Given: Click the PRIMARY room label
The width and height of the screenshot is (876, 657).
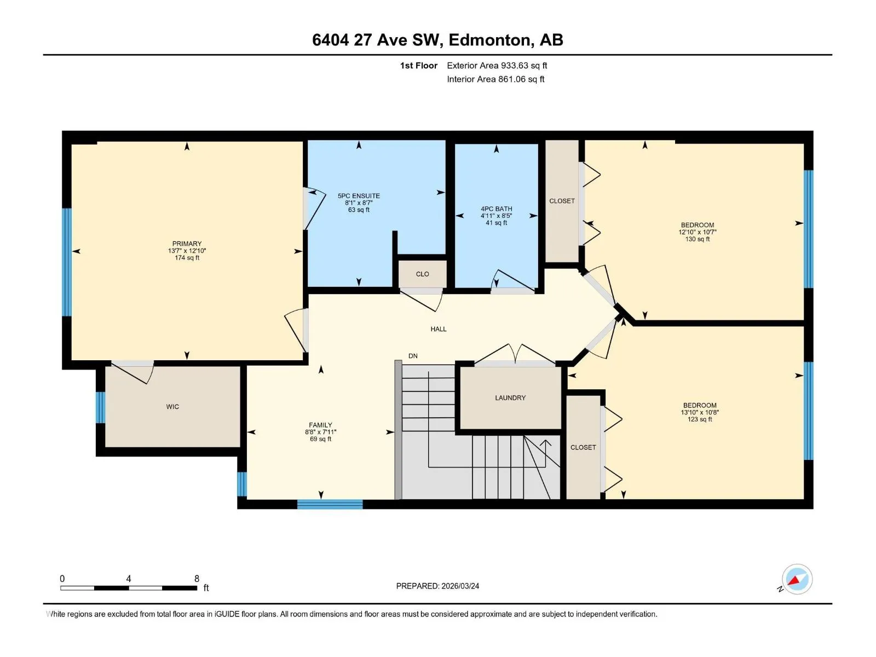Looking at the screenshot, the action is click(187, 244).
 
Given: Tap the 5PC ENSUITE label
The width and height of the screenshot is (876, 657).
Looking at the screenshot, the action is click(359, 196).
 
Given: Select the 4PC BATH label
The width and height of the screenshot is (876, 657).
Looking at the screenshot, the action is click(497, 209).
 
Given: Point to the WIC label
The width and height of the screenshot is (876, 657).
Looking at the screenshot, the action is click(172, 407).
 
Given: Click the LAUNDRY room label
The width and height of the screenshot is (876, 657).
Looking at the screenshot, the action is click(510, 397).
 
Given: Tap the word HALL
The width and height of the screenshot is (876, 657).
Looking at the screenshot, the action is click(439, 329).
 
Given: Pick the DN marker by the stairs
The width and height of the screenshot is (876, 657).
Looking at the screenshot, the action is click(413, 356).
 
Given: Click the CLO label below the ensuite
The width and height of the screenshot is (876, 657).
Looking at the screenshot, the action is click(423, 274).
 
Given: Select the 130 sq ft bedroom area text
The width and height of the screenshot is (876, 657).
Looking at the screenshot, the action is click(698, 239).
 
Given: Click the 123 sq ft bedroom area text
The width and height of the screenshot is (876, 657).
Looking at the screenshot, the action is click(700, 419).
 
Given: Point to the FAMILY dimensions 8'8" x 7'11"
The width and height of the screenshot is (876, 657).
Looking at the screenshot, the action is click(320, 432).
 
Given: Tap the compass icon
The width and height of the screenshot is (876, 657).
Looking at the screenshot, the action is click(797, 579).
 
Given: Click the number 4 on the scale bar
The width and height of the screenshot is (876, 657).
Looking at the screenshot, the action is click(129, 578).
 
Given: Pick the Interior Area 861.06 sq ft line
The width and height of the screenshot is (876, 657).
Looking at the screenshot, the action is click(495, 79).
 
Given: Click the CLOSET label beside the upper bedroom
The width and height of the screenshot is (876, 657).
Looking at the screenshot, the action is click(562, 201).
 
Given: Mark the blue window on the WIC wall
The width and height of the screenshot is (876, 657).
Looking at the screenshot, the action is click(101, 407).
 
